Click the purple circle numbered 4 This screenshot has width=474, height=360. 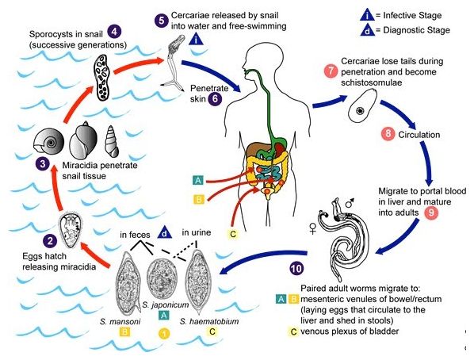(x=114, y=32)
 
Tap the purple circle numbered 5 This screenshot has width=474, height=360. (x=162, y=21)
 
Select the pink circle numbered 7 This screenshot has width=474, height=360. (x=331, y=71)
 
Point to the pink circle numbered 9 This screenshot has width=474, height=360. (x=431, y=213)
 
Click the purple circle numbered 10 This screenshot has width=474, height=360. (x=296, y=268)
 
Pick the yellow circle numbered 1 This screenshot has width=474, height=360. (x=164, y=334)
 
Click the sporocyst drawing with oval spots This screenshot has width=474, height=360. (x=102, y=77)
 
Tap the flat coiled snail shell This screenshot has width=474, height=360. (x=49, y=140)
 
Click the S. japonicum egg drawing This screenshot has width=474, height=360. (x=161, y=276)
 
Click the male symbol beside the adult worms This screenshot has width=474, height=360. (x=350, y=203)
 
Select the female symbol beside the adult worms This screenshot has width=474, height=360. (x=312, y=228)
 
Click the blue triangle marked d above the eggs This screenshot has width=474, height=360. (x=164, y=232)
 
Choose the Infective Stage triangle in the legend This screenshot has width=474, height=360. (x=367, y=15)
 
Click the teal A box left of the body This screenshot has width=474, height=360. (x=198, y=180)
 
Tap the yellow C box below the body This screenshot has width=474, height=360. (x=233, y=234)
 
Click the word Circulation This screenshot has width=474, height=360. (x=419, y=135)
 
